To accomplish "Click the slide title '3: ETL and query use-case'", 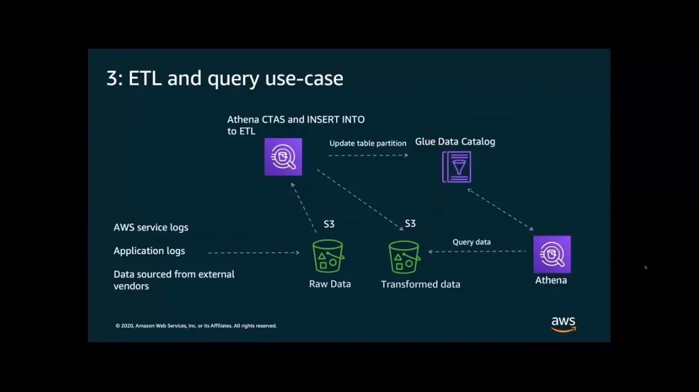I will (224, 79).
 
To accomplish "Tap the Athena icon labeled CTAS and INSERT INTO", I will (283, 157).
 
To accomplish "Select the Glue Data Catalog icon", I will (456, 167).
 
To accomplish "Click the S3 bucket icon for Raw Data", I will (328, 256).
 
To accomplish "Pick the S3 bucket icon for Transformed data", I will (404, 256).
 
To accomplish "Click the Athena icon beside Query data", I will (552, 254).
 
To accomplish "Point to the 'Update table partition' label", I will (368, 143).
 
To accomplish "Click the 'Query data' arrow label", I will (471, 242).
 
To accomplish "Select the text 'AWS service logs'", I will (151, 228).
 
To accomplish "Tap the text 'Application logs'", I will (149, 251).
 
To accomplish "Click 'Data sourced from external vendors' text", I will (174, 280).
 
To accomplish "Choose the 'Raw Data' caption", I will (330, 284).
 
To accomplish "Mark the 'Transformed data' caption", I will (420, 285).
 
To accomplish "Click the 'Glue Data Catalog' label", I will (455, 142).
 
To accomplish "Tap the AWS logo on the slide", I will (563, 324).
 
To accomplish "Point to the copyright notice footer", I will (196, 326).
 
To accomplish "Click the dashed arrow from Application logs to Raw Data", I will (253, 252).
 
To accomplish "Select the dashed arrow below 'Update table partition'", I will (368, 156).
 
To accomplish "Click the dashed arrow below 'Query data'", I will (477, 252).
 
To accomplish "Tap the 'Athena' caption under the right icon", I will (551, 280).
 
